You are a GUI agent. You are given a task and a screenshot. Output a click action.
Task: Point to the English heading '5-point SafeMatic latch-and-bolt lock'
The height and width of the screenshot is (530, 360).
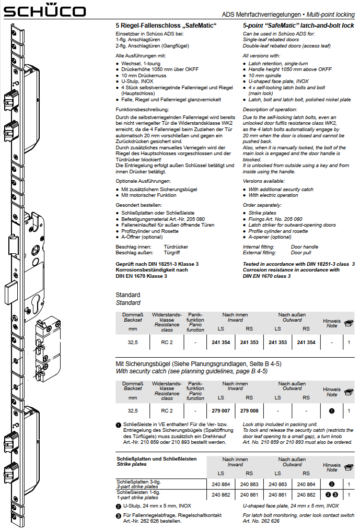[x=298, y=25]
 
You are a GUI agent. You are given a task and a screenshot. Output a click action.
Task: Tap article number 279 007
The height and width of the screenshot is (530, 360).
[x=221, y=411]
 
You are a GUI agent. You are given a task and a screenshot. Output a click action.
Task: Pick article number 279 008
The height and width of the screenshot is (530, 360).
[x=249, y=411]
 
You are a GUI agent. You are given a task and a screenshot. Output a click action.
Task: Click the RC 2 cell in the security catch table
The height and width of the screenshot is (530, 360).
[x=167, y=411]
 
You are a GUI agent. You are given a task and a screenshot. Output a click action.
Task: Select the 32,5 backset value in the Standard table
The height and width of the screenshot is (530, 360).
[x=133, y=343]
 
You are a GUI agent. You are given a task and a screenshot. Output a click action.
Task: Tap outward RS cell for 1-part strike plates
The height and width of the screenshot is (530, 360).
[x=307, y=494]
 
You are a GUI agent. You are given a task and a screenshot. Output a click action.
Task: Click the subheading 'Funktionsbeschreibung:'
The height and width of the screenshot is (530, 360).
[x=142, y=109]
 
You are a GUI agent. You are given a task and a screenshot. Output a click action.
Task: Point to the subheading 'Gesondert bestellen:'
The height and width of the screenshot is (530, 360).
[x=139, y=205]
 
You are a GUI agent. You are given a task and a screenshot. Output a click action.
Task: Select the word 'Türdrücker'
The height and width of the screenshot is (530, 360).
[x=176, y=246]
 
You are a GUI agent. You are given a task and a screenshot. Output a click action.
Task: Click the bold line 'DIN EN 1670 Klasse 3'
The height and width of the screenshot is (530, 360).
[x=142, y=276]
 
